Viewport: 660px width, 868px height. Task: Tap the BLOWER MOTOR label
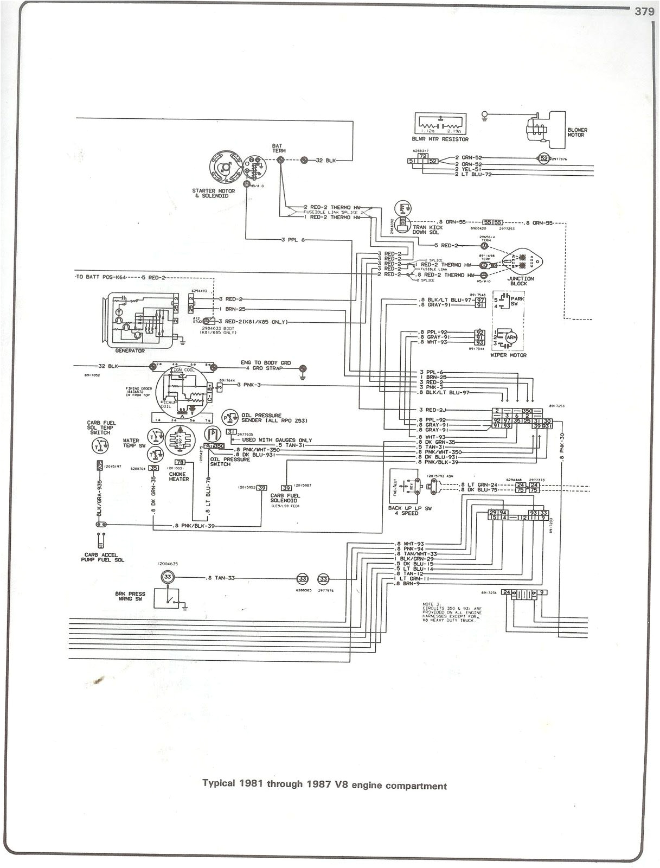click(577, 132)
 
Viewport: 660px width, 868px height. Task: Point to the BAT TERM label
click(279, 149)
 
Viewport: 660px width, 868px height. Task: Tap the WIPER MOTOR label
click(509, 355)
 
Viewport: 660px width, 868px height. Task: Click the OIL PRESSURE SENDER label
click(259, 418)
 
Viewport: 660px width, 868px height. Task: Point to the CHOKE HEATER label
click(178, 476)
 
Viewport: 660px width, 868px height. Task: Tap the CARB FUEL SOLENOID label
click(285, 498)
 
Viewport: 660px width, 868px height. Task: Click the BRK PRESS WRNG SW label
click(130, 597)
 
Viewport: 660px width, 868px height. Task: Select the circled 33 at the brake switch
click(168, 577)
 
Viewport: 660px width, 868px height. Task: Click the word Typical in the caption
click(219, 784)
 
